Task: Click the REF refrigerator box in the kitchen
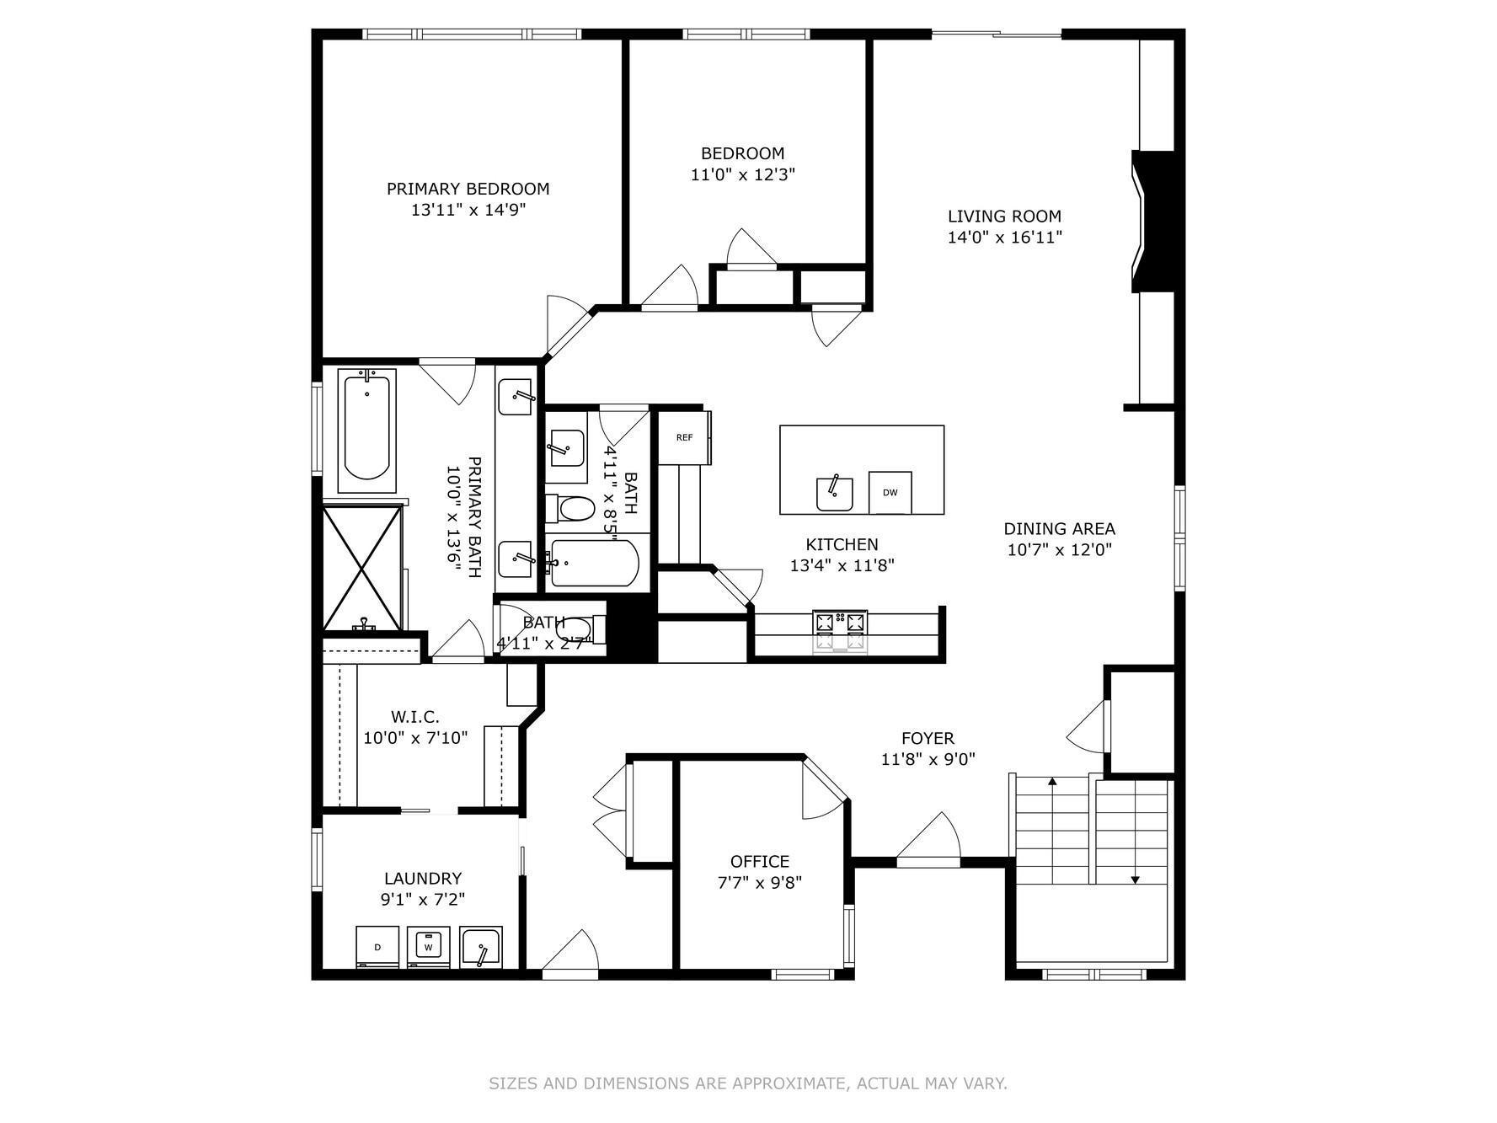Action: click(x=684, y=437)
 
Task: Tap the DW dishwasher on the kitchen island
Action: click(x=890, y=493)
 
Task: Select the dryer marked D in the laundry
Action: click(x=377, y=947)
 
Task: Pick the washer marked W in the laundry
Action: click(x=429, y=947)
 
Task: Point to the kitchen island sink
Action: click(x=834, y=494)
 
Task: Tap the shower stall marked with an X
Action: click(x=363, y=568)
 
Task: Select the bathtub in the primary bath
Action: click(x=367, y=430)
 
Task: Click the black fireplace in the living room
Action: click(x=1155, y=222)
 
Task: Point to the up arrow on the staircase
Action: click(x=1052, y=783)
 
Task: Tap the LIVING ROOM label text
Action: click(x=1004, y=217)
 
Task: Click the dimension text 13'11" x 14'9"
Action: click(x=468, y=210)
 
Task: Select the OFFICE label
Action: click(x=759, y=861)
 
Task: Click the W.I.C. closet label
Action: click(x=414, y=717)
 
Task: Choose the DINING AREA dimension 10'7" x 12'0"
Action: click(x=1059, y=550)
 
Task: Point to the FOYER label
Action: click(x=928, y=739)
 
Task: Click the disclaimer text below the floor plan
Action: click(x=747, y=1083)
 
